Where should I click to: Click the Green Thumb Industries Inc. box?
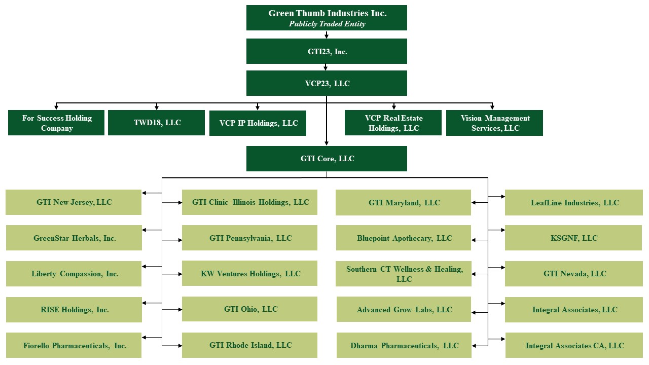click(x=327, y=18)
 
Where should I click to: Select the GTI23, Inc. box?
click(x=327, y=51)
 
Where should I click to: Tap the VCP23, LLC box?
click(x=327, y=83)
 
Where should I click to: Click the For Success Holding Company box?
click(x=56, y=123)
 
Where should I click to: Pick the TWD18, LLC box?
click(x=156, y=123)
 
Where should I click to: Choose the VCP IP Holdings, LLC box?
click(x=258, y=123)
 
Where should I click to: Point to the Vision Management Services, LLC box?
click(x=494, y=123)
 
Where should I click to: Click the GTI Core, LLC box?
click(x=327, y=159)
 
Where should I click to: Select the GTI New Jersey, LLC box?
click(x=74, y=202)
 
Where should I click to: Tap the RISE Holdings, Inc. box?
click(x=74, y=310)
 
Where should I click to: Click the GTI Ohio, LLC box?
click(x=249, y=309)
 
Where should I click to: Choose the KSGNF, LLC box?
click(x=573, y=238)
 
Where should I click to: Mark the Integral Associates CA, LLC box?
click(x=573, y=346)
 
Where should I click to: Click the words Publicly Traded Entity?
click(x=327, y=24)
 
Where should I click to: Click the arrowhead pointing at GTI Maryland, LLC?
click(x=474, y=203)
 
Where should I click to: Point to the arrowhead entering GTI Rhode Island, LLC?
click(x=179, y=346)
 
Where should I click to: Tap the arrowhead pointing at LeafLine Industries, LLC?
click(x=502, y=196)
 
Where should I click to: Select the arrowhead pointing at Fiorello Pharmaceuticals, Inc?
click(x=145, y=337)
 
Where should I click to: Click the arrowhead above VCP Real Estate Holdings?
click(x=393, y=107)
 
